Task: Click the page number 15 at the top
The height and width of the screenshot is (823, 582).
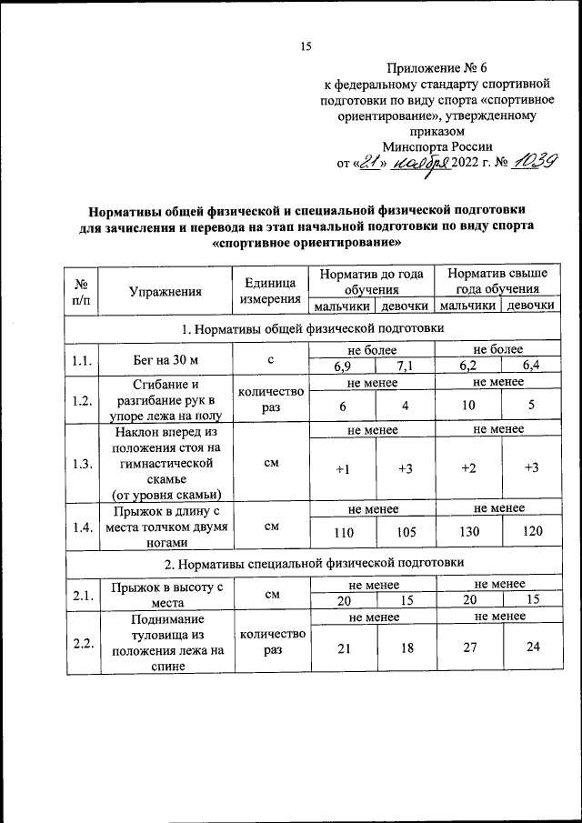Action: pyautogui.click(x=306, y=47)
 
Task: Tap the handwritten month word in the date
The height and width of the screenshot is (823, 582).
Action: pyautogui.click(x=426, y=163)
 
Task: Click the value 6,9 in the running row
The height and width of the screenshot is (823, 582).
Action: pyautogui.click(x=343, y=367)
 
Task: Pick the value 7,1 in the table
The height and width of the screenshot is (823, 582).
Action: pyautogui.click(x=406, y=367)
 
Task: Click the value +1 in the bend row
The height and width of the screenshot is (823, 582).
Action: pyautogui.click(x=343, y=468)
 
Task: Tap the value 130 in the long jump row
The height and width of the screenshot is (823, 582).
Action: pyautogui.click(x=468, y=531)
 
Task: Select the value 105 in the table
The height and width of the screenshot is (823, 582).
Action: pyautogui.click(x=406, y=531)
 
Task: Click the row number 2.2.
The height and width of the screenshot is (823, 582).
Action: pyautogui.click(x=81, y=644)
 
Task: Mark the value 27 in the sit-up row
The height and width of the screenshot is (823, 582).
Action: pyautogui.click(x=468, y=649)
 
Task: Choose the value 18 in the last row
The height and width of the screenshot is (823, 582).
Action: pyautogui.click(x=406, y=649)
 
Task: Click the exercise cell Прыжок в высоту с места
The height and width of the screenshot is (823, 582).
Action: pyautogui.click(x=165, y=595)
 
